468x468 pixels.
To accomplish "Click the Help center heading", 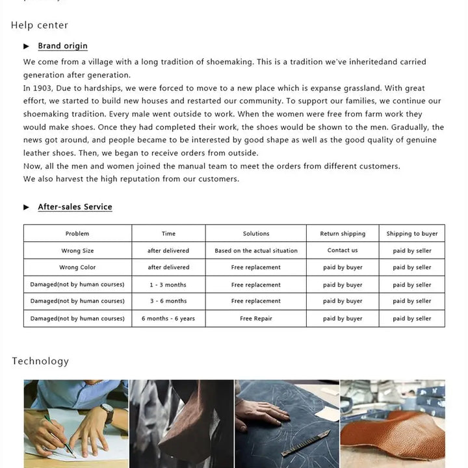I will click(x=40, y=25).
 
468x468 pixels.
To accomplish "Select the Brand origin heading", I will click(x=62, y=46).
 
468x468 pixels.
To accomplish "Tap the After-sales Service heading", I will click(x=75, y=207).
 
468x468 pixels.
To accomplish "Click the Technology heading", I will click(x=40, y=361).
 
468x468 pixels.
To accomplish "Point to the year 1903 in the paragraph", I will click(x=43, y=88).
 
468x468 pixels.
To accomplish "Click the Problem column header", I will click(x=77, y=233).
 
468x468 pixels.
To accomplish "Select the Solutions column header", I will click(x=256, y=233).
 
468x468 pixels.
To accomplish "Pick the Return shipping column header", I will click(x=343, y=233).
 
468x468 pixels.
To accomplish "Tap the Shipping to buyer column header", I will click(x=412, y=233).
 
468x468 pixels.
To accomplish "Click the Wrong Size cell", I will click(x=77, y=251).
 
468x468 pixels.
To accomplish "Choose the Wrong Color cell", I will click(x=77, y=268).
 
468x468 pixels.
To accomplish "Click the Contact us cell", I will click(x=343, y=251).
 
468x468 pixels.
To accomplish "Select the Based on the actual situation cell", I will click(x=256, y=251).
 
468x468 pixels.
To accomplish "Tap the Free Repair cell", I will click(x=256, y=318).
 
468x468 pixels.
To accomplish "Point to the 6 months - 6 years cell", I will click(x=168, y=318).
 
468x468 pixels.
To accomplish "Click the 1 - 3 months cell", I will click(x=168, y=285).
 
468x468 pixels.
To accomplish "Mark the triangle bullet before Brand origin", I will click(x=27, y=46).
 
